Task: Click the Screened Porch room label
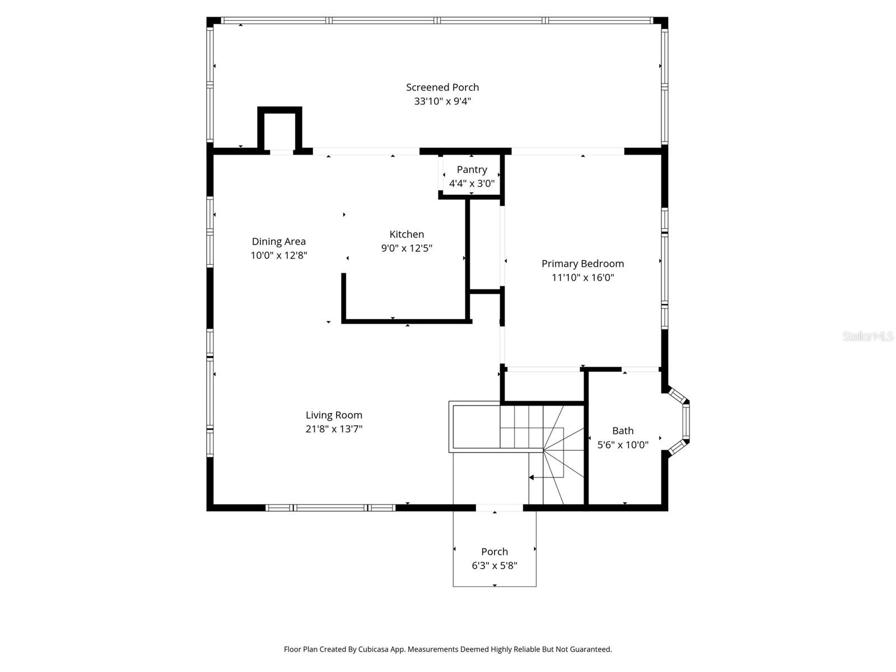(442, 87)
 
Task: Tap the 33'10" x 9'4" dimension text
(442, 101)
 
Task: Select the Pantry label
(472, 170)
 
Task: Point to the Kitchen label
(407, 235)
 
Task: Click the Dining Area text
(278, 242)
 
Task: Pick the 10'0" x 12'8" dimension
(278, 256)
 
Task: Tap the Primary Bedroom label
(582, 264)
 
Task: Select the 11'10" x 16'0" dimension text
(582, 278)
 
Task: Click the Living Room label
(334, 416)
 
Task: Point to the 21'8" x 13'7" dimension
(334, 430)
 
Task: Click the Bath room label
(623, 431)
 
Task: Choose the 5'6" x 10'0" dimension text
(623, 445)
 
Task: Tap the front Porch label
(494, 552)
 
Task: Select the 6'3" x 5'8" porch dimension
(494, 566)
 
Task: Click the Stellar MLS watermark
(867, 337)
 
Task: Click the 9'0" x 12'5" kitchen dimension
(407, 249)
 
